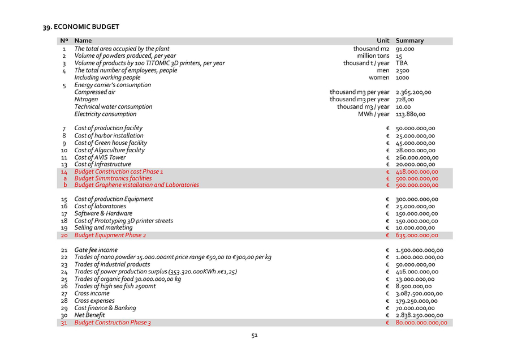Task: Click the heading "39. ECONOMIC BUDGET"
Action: pyautogui.click(x=81, y=27)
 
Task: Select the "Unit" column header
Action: pyautogui.click(x=383, y=41)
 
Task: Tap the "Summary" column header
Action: pyautogui.click(x=409, y=41)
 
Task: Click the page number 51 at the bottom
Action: pyautogui.click(x=255, y=335)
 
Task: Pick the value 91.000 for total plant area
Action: pyautogui.click(x=405, y=49)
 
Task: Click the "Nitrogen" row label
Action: pyautogui.click(x=86, y=100)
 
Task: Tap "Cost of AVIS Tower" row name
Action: pyautogui.click(x=100, y=157)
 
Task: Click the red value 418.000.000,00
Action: pyautogui.click(x=417, y=172)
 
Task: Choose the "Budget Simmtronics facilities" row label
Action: pyautogui.click(x=113, y=178)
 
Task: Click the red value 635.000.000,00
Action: pyautogui.click(x=417, y=235)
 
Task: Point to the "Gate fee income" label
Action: pyautogui.click(x=96, y=250)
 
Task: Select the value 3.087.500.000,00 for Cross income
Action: pyautogui.click(x=419, y=294)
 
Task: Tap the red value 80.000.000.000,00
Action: pyautogui.click(x=421, y=323)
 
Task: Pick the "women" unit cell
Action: pyautogui.click(x=379, y=78)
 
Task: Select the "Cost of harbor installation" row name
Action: pyautogui.click(x=109, y=136)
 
